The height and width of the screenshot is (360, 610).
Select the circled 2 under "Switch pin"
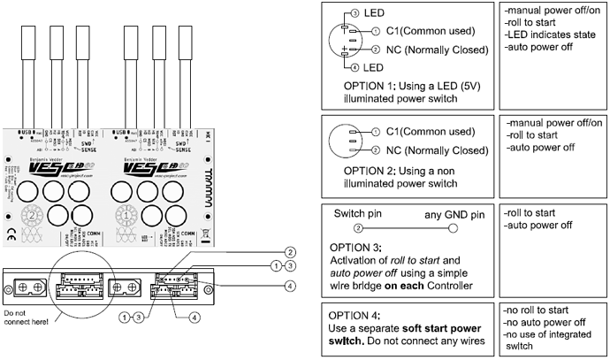click(347, 227)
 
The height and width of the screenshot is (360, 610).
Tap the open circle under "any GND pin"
click(453, 227)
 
